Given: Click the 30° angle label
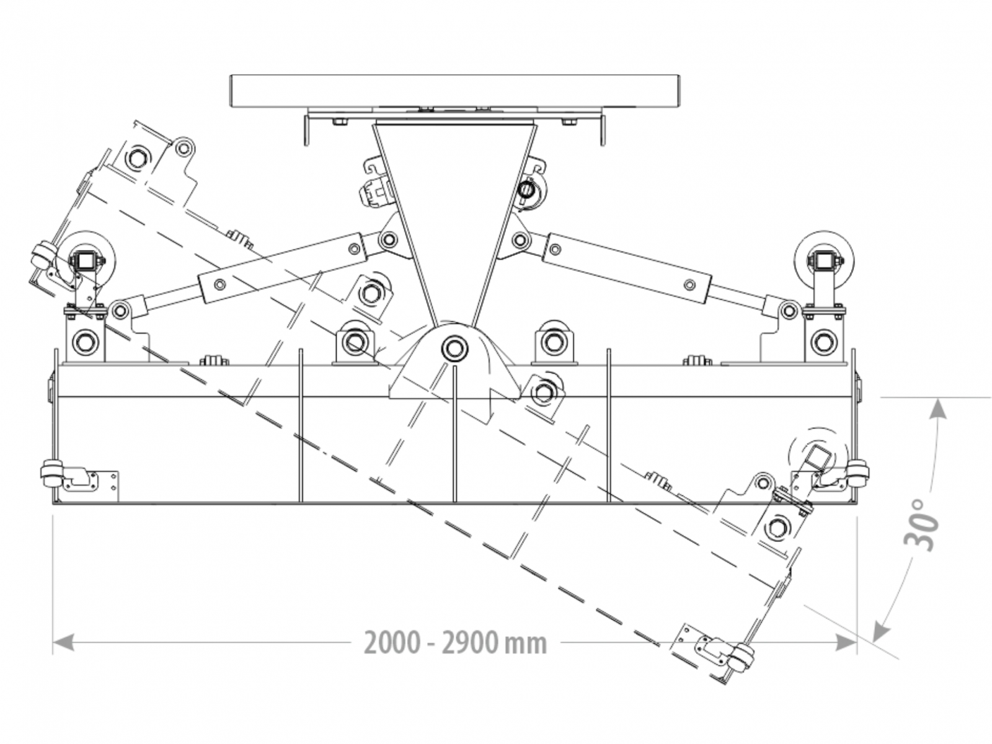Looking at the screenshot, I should pos(922,524).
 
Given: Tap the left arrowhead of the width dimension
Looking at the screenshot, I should pos(63,642).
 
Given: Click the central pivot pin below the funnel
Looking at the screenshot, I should pos(454,348).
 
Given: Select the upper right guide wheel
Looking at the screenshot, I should pos(824,260).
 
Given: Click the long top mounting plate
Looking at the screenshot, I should pos(456,91).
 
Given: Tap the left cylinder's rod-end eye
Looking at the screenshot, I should pos(119,310).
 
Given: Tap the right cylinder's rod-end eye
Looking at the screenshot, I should pos(789,309).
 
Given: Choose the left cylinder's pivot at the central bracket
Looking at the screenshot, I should pos(389,239).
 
